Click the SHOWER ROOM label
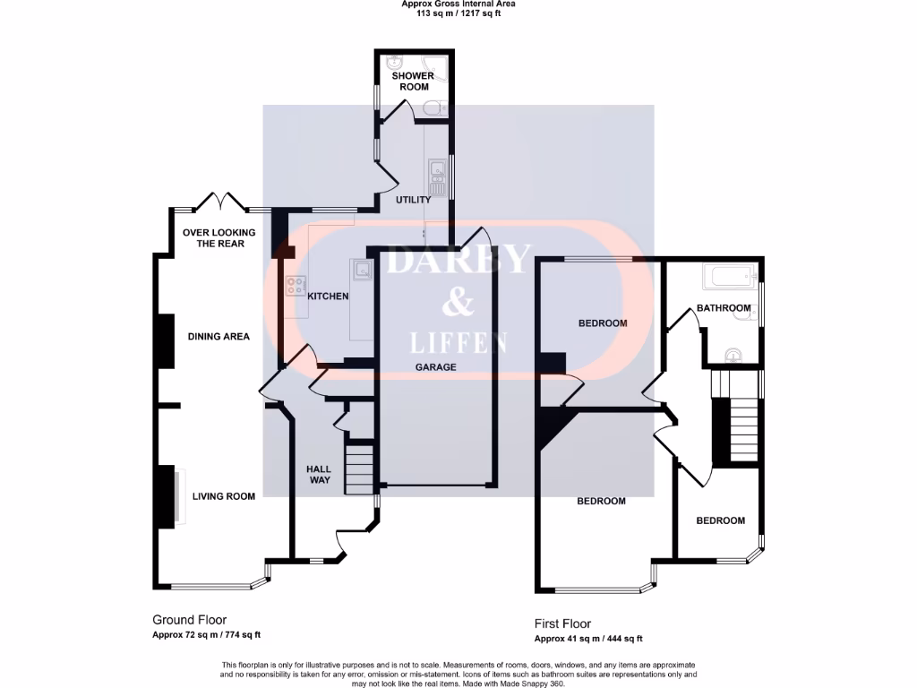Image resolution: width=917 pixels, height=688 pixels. [x=412, y=82]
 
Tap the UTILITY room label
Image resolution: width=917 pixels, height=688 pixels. [x=414, y=200]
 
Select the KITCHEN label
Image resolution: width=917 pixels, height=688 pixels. [x=328, y=297]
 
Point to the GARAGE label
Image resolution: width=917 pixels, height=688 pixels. [x=435, y=367]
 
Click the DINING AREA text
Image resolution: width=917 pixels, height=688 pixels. [x=219, y=337]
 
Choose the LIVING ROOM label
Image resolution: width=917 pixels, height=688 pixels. [x=223, y=496]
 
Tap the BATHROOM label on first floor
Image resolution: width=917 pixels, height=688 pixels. [x=723, y=308]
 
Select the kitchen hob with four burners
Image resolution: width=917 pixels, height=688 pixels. [x=295, y=287]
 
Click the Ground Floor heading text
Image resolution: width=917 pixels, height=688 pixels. [x=189, y=620]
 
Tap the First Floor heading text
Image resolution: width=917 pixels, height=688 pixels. [x=562, y=624]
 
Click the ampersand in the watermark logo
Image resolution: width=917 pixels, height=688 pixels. [x=458, y=304]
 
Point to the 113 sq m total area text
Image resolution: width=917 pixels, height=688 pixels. [x=458, y=13]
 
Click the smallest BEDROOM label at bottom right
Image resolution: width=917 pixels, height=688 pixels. [x=720, y=520]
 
